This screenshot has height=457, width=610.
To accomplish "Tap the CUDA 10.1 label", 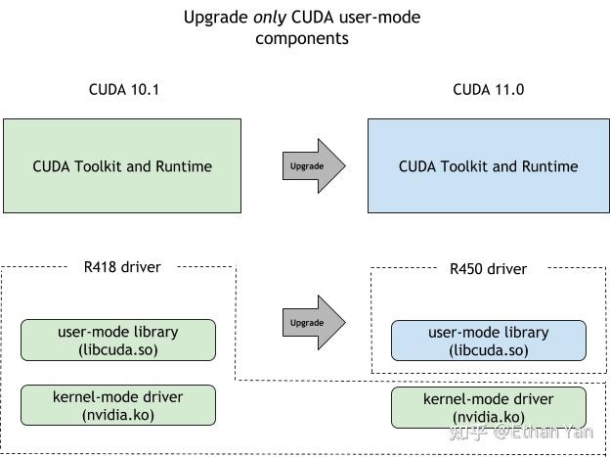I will pos(123,90).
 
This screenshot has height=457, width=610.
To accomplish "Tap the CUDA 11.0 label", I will pos(488,90).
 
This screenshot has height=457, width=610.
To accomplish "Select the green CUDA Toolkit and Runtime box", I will pos(122,165).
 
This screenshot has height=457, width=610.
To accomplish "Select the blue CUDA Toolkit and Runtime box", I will pos(488,165).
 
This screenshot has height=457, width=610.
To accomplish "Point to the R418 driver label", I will pos(122,265).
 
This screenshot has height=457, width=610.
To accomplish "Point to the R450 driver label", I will pos(488,267).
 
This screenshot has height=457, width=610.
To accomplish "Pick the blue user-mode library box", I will pos(488,341).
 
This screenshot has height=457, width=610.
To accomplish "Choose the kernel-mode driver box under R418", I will pos(117,405).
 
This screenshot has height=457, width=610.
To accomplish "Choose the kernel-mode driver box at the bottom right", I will pos(488,407).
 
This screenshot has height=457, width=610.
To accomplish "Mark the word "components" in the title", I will pos(302,39).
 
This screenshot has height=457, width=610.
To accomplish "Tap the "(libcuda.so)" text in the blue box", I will pos(488,350).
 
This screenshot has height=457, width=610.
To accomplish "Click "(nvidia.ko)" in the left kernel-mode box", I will pos(117,414).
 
